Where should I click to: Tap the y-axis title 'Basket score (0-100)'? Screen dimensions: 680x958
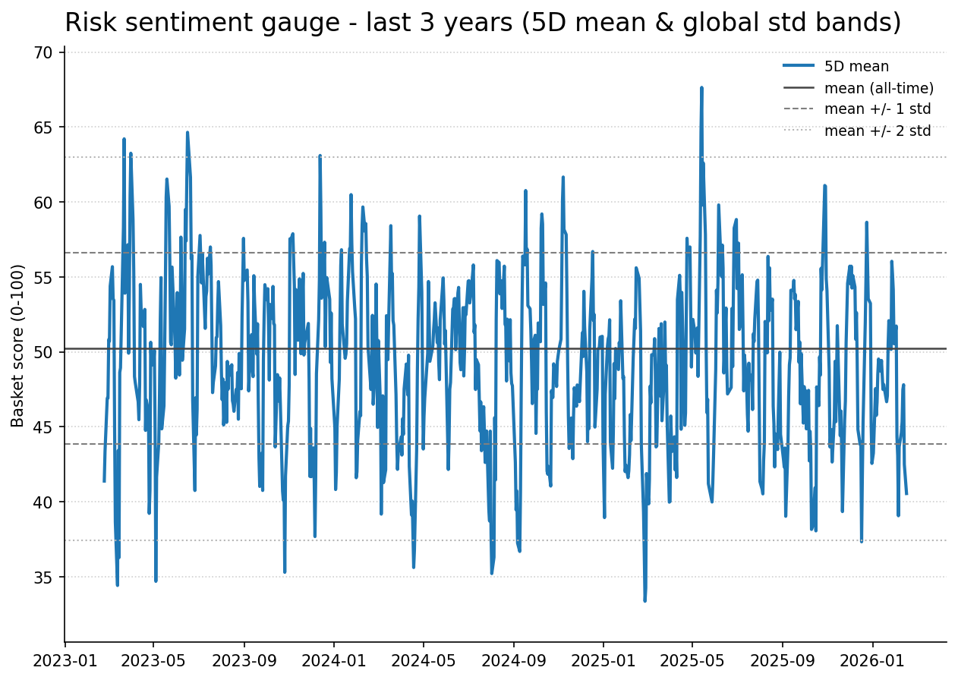(x=18, y=345)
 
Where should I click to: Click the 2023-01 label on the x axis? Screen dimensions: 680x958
(x=65, y=660)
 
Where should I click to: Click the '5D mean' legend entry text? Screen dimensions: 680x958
(x=856, y=67)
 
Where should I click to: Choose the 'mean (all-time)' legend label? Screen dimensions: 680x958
(x=878, y=88)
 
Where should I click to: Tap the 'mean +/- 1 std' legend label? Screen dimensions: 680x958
(x=877, y=109)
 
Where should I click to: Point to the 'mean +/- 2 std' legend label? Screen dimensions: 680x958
(x=877, y=131)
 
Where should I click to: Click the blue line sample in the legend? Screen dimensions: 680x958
(x=799, y=67)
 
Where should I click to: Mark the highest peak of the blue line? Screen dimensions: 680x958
(x=701, y=87)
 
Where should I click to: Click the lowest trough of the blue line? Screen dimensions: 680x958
(x=644, y=601)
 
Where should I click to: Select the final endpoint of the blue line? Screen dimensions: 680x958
(x=906, y=494)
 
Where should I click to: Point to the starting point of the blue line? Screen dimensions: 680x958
(x=105, y=481)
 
